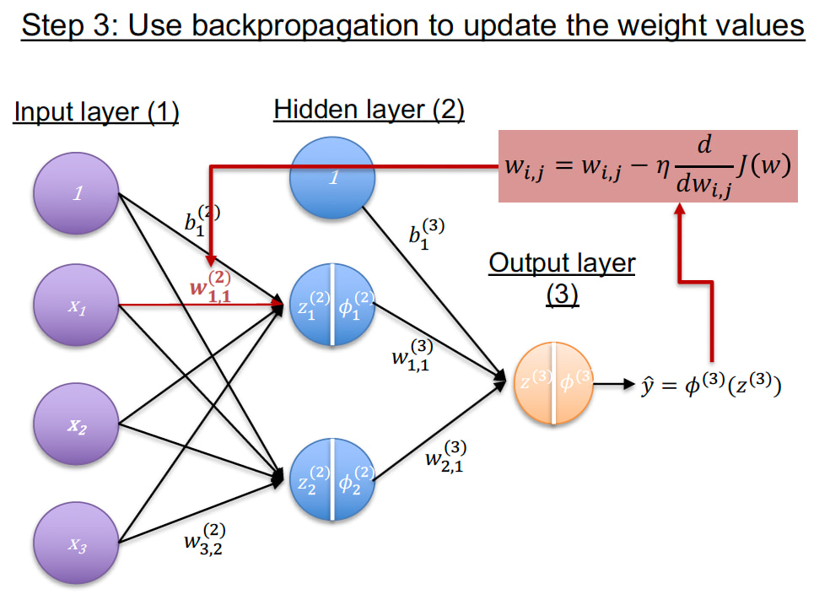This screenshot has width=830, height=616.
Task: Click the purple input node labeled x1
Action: coord(76,305)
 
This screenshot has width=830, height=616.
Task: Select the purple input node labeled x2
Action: coord(76,424)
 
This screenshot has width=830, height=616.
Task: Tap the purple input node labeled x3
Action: coord(76,543)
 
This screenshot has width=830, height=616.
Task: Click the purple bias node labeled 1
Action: coord(76,193)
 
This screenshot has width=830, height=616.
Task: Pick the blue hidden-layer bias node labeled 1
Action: coord(332,177)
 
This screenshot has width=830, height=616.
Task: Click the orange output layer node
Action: coord(553,383)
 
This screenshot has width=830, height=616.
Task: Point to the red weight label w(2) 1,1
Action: coord(211,287)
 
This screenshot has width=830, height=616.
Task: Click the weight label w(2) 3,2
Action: coord(205,539)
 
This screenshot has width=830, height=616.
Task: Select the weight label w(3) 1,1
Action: coord(412,355)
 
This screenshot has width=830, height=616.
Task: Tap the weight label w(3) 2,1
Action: coord(445,456)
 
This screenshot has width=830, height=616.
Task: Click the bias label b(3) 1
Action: coord(426,233)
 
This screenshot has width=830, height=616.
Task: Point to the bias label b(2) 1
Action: coord(202,219)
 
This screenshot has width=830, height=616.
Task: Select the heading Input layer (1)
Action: coord(96,111)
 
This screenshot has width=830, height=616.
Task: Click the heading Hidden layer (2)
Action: coord(369,110)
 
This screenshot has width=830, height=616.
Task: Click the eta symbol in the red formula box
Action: coord(663,167)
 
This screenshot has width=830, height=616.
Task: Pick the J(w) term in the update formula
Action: coord(764,165)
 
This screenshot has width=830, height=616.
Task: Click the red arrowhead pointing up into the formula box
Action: coord(680,208)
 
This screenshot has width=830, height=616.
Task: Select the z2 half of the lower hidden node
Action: coord(310,479)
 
